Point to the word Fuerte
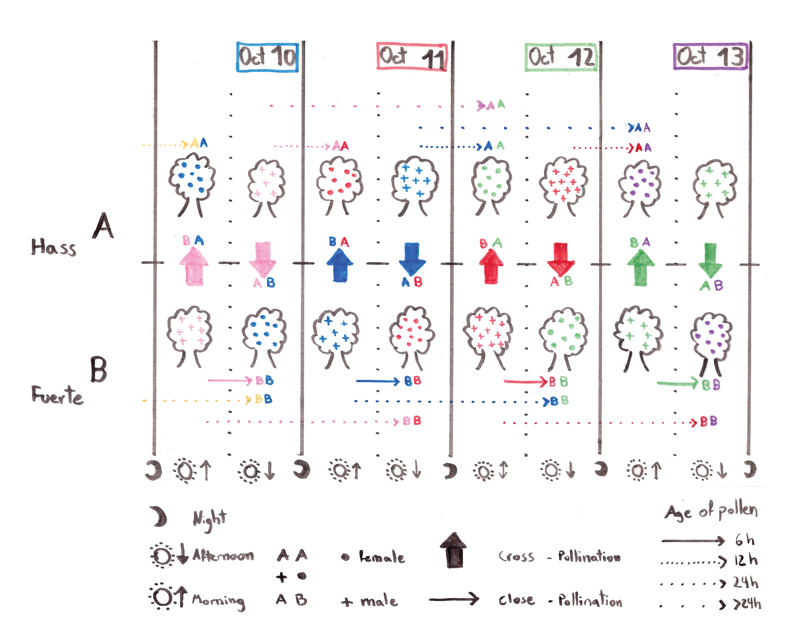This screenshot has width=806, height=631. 57,395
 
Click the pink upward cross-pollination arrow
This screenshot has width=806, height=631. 194,266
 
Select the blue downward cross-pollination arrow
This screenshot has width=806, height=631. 412,259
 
